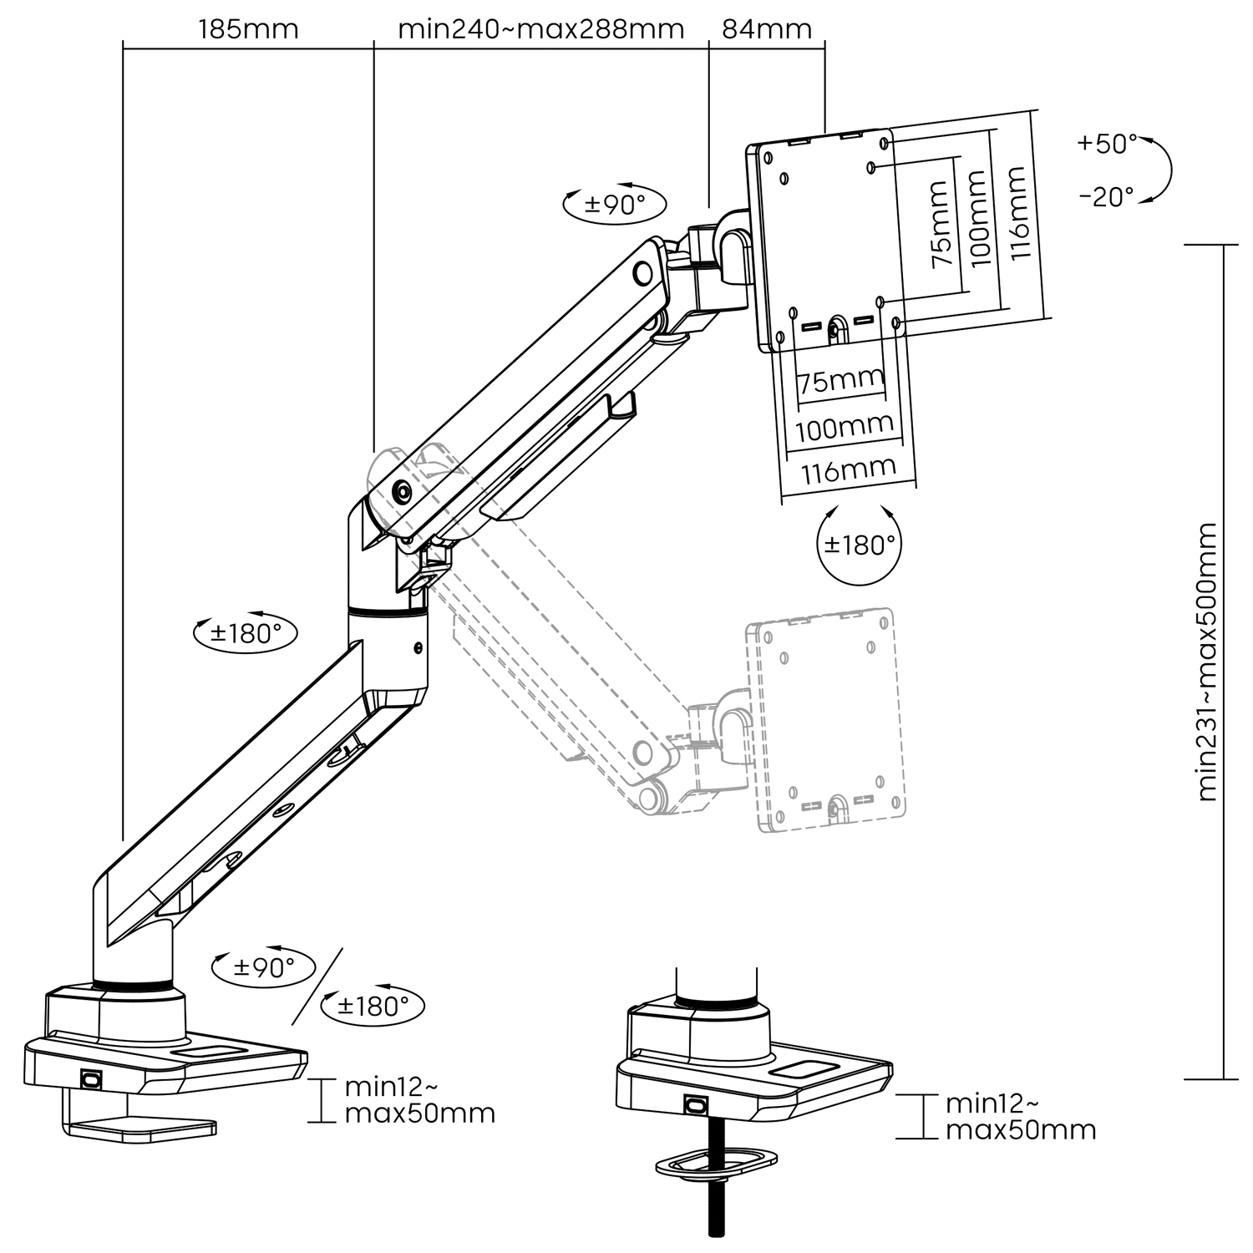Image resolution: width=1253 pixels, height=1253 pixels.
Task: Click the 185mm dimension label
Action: (248, 29)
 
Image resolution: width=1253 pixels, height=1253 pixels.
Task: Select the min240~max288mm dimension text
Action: (540, 29)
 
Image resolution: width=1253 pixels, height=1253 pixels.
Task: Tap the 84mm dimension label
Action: (766, 29)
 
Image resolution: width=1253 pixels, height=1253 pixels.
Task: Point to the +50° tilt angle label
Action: (1107, 144)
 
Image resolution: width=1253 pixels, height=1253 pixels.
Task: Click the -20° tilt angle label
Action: (1106, 197)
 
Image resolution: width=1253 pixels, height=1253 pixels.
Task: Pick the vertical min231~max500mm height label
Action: (1206, 662)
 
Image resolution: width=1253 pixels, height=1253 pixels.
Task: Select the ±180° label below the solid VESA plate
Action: (860, 545)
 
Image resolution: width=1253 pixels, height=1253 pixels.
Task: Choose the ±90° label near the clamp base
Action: (263, 968)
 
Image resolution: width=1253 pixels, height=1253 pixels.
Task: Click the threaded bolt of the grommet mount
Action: (715, 1203)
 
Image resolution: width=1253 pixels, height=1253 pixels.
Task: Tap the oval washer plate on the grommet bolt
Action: (716, 1163)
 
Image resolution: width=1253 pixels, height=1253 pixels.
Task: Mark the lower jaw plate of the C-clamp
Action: (142, 1129)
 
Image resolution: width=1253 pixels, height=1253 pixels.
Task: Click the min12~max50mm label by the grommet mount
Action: (1020, 1117)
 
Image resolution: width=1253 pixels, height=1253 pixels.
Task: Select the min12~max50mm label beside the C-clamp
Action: (419, 1100)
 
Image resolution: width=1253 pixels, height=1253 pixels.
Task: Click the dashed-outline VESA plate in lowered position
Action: (825, 720)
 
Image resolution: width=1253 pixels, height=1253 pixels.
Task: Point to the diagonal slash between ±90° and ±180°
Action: (317, 987)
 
